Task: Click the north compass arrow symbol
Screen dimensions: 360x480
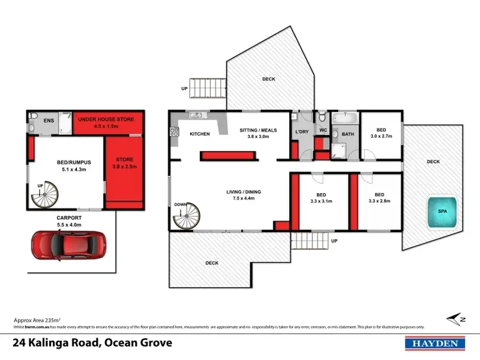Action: [456, 318]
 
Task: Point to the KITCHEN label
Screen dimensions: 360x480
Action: [200, 134]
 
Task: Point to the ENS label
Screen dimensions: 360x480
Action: [49, 120]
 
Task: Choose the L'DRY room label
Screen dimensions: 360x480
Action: [301, 132]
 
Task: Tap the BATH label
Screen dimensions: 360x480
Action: [348, 134]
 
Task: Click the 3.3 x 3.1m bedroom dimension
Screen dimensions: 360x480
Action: [323, 201]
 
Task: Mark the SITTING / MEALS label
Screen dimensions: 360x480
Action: [259, 130]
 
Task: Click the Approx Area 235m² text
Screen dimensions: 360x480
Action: [37, 320]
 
